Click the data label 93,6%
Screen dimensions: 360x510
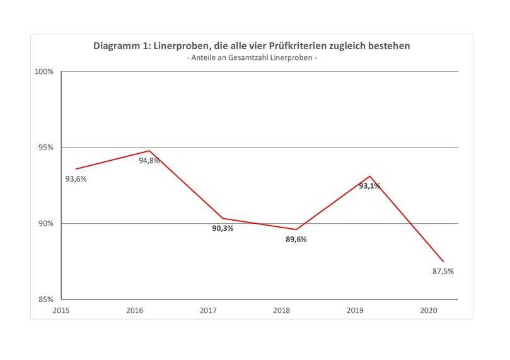pyautogui.click(x=76, y=179)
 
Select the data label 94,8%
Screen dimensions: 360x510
pyautogui.click(x=149, y=161)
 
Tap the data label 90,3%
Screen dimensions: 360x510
pyautogui.click(x=223, y=228)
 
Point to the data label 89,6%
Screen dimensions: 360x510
pyautogui.click(x=296, y=240)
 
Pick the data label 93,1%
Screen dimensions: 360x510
pyautogui.click(x=369, y=186)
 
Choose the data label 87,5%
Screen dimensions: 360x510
pyautogui.click(x=443, y=272)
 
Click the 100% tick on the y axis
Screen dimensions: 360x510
pyautogui.click(x=45, y=72)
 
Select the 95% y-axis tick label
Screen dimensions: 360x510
pyautogui.click(x=47, y=148)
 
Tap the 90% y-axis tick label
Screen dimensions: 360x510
pyautogui.click(x=47, y=224)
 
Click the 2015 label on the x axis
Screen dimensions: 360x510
pyautogui.click(x=61, y=311)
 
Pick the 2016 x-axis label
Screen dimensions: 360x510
pyautogui.click(x=135, y=311)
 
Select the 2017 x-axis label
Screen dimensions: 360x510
pyautogui.click(x=208, y=311)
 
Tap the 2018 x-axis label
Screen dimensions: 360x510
pyautogui.click(x=282, y=311)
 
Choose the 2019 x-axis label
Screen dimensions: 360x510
pyautogui.click(x=355, y=311)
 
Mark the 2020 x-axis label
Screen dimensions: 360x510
pyautogui.click(x=429, y=311)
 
